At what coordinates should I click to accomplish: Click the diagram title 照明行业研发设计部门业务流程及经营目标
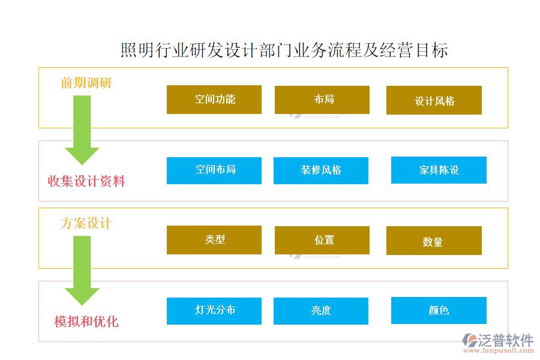click(284, 50)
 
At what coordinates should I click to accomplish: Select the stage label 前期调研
click(86, 83)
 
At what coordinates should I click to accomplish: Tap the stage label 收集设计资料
click(86, 181)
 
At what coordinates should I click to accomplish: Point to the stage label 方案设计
click(86, 223)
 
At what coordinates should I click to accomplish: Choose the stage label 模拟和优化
click(86, 322)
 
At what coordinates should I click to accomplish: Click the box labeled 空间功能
click(214, 100)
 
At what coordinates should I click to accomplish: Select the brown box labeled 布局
click(322, 100)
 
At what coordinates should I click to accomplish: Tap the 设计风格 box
click(434, 100)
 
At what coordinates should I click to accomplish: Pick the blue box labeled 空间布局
click(214, 170)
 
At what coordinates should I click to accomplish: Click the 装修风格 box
click(321, 170)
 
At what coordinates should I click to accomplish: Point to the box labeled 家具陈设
click(439, 170)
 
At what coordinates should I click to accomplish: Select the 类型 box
click(214, 240)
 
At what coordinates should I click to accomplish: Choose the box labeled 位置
click(322, 241)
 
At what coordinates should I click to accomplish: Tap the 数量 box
click(434, 241)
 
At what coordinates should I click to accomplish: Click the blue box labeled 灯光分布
click(214, 311)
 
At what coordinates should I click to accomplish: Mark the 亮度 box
click(321, 311)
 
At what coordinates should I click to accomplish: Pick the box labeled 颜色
click(439, 311)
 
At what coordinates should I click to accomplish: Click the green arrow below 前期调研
click(82, 130)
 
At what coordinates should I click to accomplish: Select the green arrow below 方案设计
click(82, 271)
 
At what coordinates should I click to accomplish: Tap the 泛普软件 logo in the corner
click(498, 343)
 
